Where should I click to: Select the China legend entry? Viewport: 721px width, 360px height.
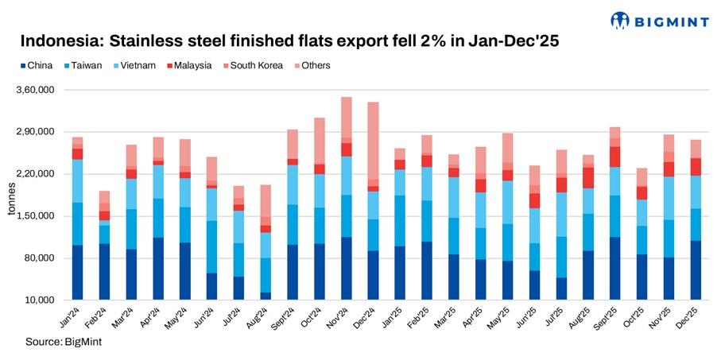[35, 65]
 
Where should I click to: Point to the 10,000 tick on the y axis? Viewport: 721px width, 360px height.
[40, 300]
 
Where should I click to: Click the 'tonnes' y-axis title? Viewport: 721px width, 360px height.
[10, 195]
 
